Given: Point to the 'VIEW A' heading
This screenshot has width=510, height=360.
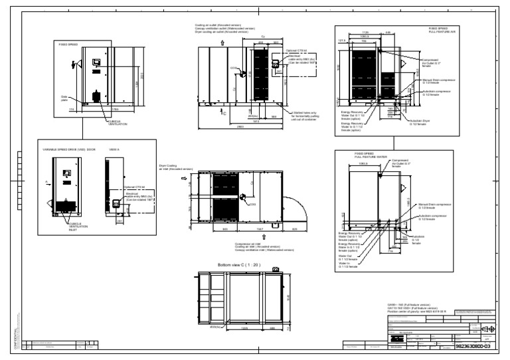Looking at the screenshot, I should pos(114,150).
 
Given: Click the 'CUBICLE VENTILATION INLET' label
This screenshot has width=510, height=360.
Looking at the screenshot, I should pos(77,226).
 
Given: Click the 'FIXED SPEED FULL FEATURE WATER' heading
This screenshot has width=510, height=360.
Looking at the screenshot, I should pos(364,155).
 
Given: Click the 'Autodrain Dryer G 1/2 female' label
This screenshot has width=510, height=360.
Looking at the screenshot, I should pos(422,122).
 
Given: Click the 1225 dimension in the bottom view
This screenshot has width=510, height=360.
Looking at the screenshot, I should pos(244,327).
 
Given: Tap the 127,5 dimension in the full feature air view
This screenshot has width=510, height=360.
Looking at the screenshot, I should pos(343,40).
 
